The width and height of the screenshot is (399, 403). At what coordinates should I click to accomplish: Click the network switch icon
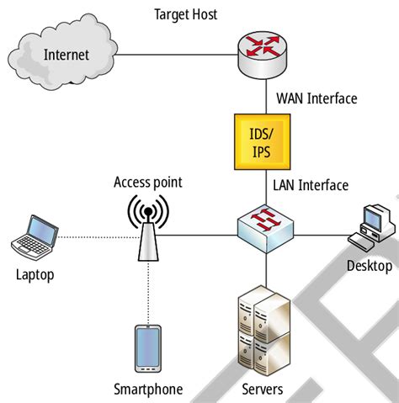[x=267, y=226]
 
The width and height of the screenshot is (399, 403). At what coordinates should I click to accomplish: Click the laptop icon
[x=35, y=237]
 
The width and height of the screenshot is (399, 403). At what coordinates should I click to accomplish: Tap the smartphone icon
[x=149, y=348]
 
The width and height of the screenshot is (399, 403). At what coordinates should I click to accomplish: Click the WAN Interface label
[x=316, y=98]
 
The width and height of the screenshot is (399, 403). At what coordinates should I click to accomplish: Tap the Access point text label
[x=147, y=182]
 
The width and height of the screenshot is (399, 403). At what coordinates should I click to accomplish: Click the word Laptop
[x=36, y=274]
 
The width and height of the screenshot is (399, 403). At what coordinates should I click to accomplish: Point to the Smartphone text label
[x=148, y=389]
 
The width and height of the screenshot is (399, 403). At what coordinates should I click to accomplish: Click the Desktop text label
[x=369, y=266]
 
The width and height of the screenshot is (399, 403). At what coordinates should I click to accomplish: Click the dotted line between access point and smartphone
[x=149, y=290]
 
